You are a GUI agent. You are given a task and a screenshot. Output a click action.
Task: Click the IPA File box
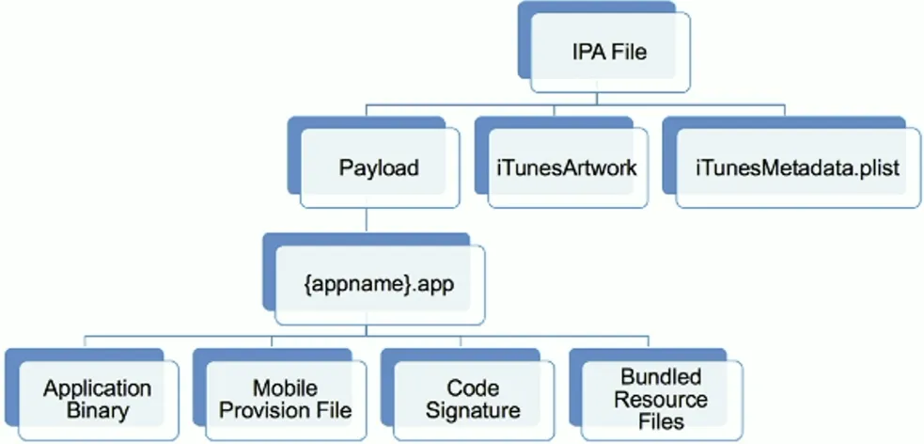pos(609,53)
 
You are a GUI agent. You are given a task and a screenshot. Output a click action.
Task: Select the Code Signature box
pos(472,399)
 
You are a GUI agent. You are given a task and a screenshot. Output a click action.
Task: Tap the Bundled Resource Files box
pos(661,399)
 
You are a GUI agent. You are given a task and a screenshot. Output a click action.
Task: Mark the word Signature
pos(472,411)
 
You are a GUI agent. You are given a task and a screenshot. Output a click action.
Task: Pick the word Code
pos(472,388)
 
